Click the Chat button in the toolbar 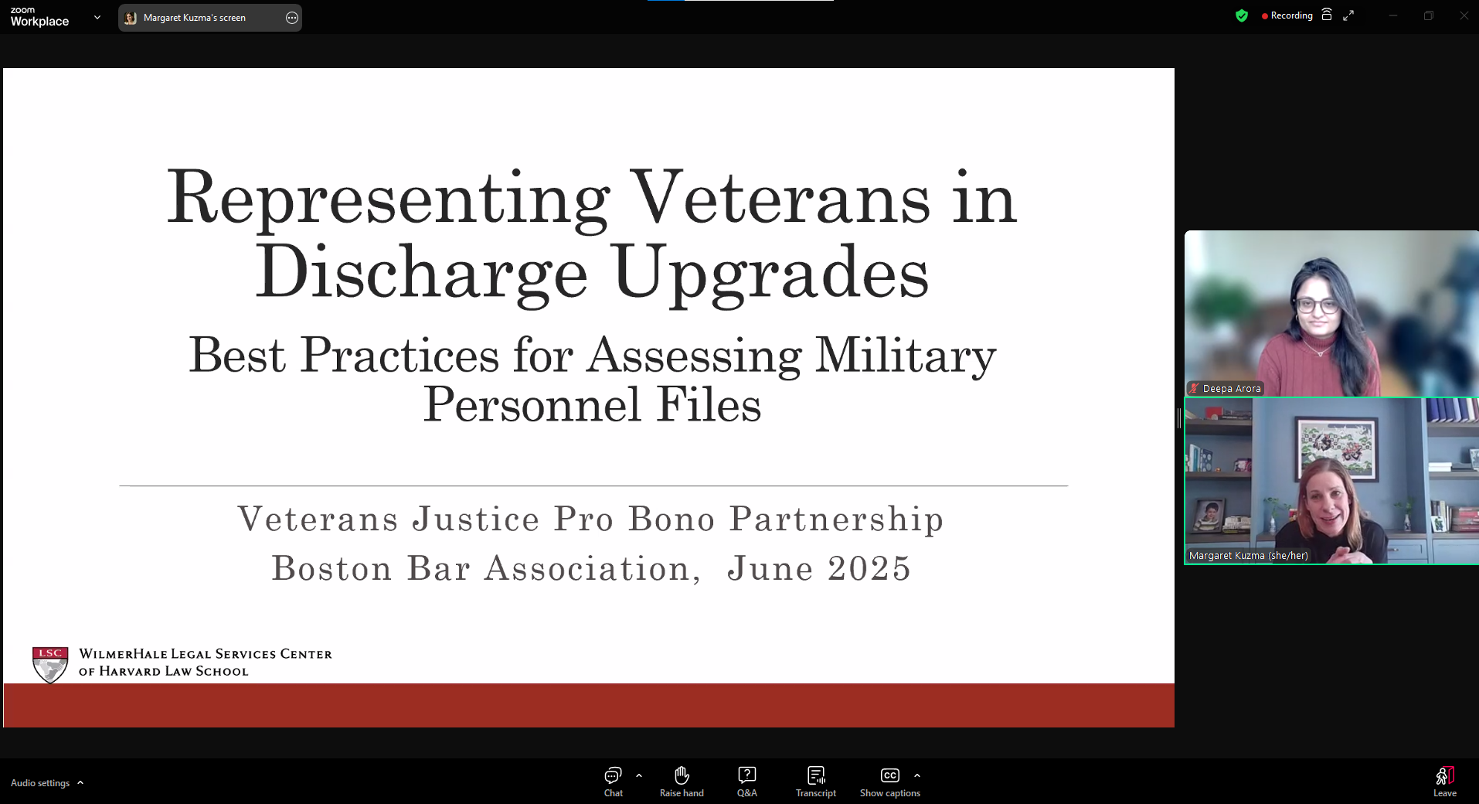click(x=613, y=782)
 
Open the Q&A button click(x=746, y=782)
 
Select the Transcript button click(x=816, y=782)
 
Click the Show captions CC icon click(x=890, y=775)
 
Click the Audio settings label click(x=40, y=783)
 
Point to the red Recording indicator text click(x=1291, y=15)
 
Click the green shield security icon click(x=1242, y=15)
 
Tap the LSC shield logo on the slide click(x=50, y=665)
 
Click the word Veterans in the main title click(x=780, y=198)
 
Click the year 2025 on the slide click(x=869, y=568)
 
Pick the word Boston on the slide click(x=332, y=568)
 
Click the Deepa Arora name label click(x=1232, y=389)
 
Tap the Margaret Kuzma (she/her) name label click(x=1249, y=556)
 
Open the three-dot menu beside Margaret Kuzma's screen click(x=292, y=18)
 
